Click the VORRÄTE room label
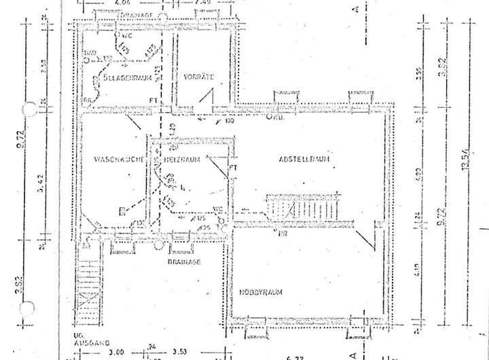tap(199, 78)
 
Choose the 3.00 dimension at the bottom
tap(117, 352)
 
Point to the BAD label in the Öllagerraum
tap(88, 52)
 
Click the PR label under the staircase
tap(279, 233)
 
